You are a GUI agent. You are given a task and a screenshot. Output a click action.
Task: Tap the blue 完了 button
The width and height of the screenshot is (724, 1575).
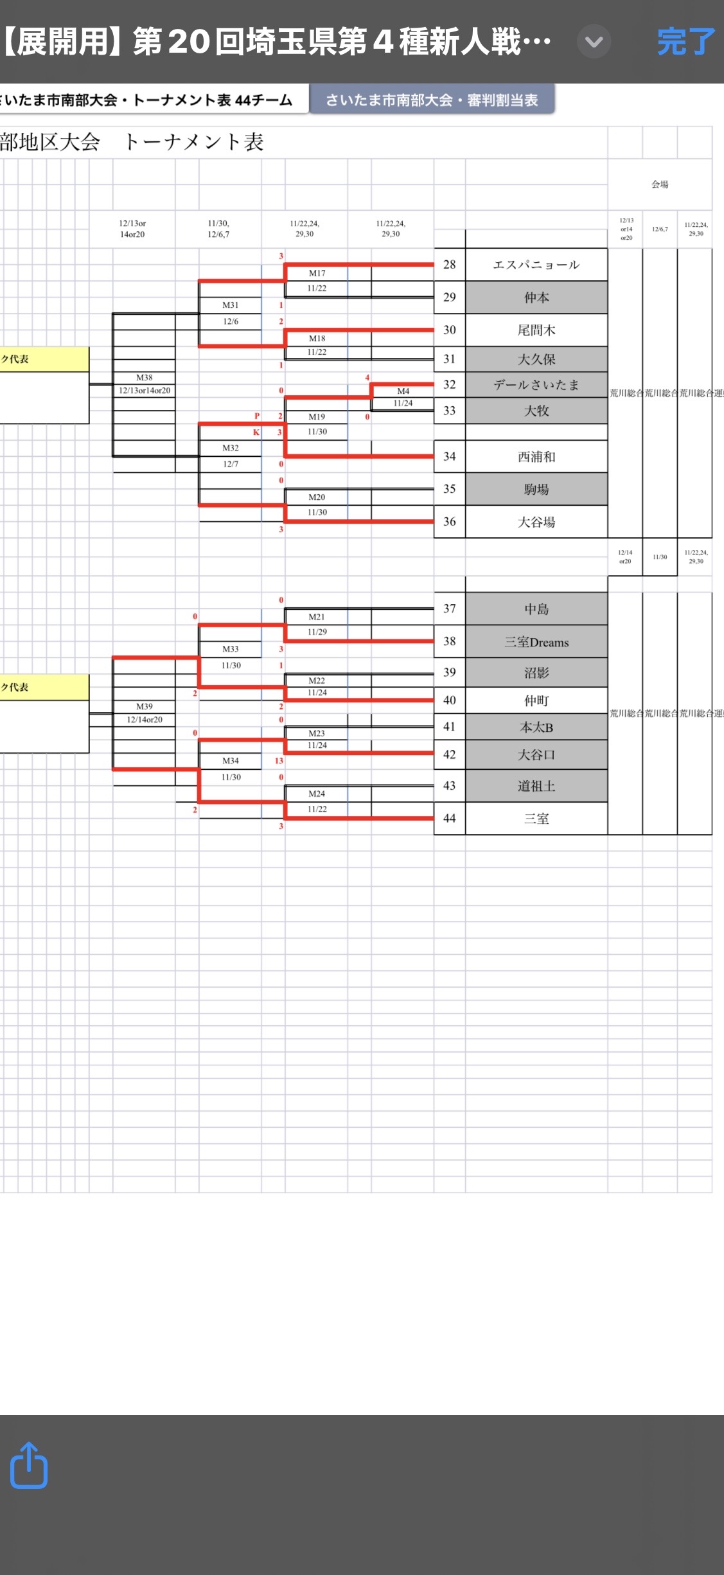coord(685,42)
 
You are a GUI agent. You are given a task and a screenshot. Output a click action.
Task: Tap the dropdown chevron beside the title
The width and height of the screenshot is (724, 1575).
coord(594,42)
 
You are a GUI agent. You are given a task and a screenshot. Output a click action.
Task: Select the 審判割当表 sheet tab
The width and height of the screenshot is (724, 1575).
coord(432,100)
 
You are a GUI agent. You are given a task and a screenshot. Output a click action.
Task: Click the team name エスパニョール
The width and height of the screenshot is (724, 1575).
coord(536,265)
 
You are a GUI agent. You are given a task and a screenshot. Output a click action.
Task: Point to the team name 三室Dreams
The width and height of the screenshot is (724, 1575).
coord(536,642)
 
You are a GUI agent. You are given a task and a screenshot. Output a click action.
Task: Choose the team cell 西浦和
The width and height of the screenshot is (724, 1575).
coord(536,457)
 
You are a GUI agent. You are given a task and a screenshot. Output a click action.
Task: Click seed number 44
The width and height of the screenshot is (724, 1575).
coord(450,818)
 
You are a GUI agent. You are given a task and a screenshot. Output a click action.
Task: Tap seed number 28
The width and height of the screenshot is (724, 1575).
coord(450,265)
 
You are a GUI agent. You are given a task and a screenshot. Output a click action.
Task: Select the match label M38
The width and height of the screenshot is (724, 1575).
coord(145,378)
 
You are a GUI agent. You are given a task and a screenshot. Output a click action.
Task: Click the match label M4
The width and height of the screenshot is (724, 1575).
coord(403,391)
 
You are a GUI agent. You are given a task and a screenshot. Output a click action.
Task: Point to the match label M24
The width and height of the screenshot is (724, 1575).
coord(317,794)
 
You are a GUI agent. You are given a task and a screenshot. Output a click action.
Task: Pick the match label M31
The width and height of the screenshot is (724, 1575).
coord(231,305)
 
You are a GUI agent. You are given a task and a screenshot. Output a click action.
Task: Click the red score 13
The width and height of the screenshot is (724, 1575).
coord(279,761)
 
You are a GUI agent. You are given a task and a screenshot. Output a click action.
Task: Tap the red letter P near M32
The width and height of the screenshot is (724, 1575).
coord(257,416)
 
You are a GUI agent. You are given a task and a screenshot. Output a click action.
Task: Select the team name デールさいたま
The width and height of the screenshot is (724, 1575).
coord(536,385)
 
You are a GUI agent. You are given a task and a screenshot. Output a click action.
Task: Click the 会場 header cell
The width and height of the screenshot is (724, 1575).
coord(660,184)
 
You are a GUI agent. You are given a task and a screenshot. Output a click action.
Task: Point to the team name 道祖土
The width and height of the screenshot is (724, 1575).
coord(536,786)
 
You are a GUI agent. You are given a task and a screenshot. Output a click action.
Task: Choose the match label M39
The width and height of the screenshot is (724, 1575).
coord(145,707)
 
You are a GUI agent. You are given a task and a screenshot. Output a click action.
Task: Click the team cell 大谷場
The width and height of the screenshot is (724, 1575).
coord(536,522)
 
